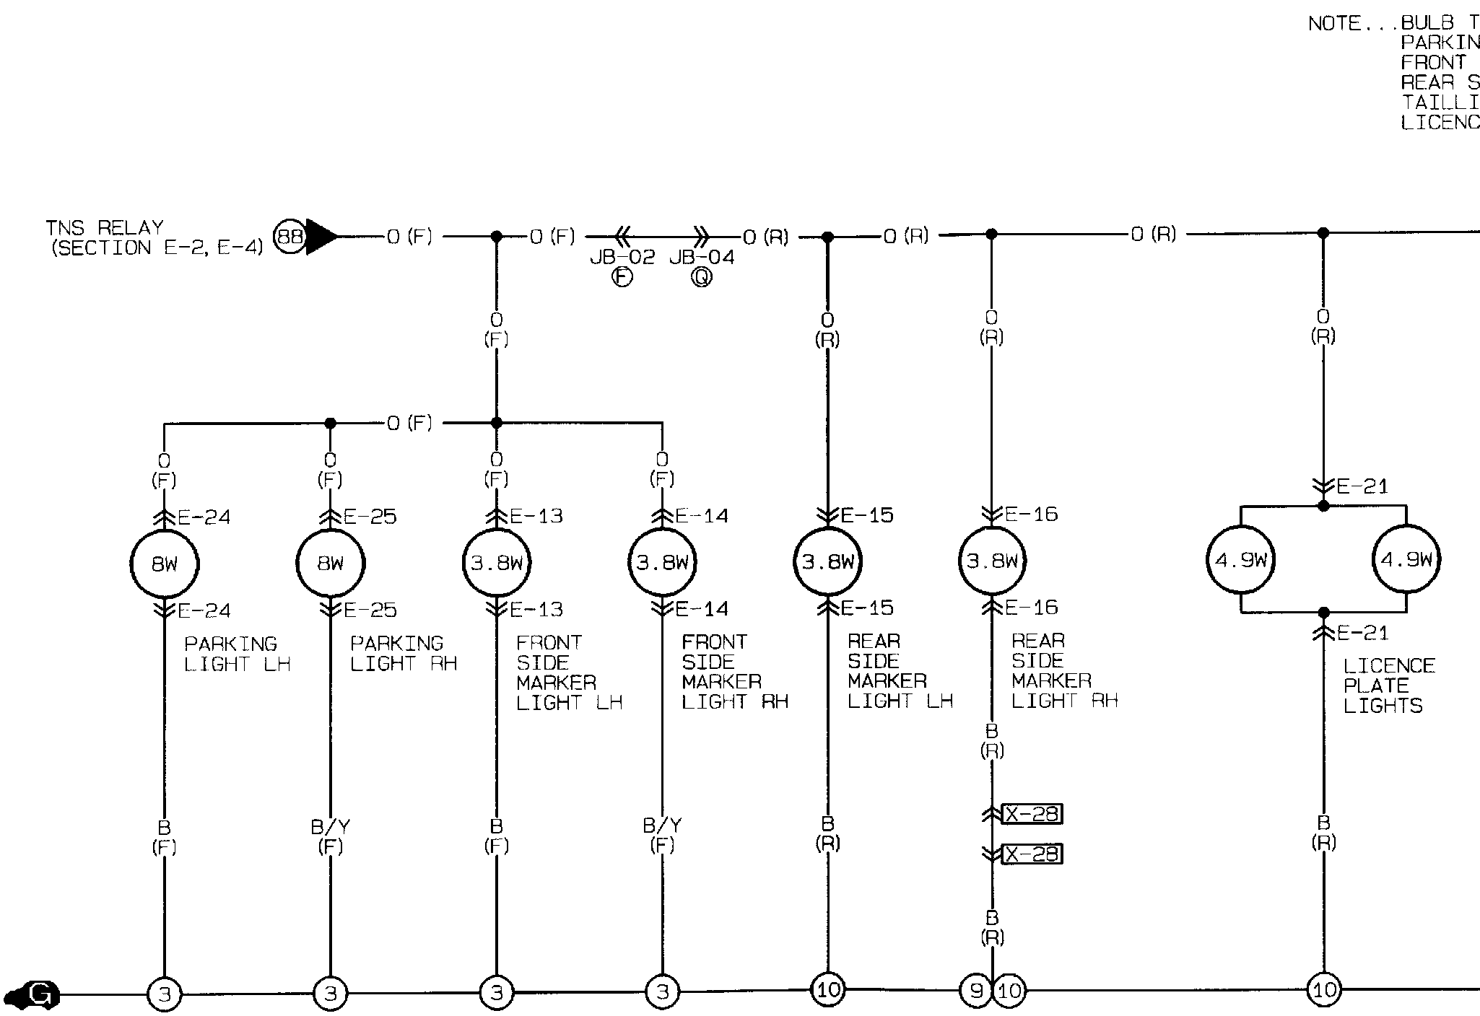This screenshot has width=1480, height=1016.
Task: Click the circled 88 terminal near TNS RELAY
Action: pos(290,237)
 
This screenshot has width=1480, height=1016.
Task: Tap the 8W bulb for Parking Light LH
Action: pos(165,564)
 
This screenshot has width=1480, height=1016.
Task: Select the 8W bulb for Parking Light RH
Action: pos(331,564)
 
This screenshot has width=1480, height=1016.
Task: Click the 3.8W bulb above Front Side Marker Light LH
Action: pos(497,563)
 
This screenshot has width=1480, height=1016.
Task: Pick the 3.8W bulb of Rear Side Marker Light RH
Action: pos(992,561)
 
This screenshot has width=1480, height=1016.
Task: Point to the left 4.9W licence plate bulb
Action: pos(1241,560)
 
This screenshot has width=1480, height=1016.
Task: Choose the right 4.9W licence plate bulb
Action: pos(1406,559)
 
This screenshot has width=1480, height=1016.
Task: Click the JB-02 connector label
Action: pos(622,258)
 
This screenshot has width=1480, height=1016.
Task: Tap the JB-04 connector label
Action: pos(702,258)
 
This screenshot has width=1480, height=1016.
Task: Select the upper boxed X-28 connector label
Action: pos(1032,814)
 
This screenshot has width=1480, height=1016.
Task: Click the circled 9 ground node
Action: pos(976,991)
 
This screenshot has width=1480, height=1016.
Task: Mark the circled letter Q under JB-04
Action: pos(702,278)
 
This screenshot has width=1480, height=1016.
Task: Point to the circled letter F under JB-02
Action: pos(622,278)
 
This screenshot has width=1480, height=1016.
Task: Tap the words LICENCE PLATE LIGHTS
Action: pos(1388,686)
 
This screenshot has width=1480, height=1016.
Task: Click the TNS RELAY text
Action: pos(105,228)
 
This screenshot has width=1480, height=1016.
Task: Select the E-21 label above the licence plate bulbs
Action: pos(1362,486)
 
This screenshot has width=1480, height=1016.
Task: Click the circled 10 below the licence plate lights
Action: pos(1323,989)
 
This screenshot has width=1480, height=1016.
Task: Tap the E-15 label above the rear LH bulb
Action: pos(868,515)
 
